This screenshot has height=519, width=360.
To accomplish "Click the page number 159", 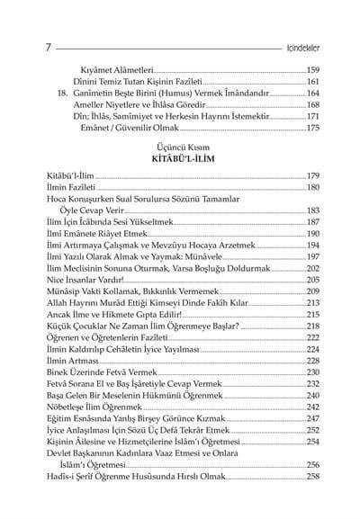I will pyautogui.click(x=313, y=69).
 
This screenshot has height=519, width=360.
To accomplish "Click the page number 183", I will pyautogui.click(x=313, y=210).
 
